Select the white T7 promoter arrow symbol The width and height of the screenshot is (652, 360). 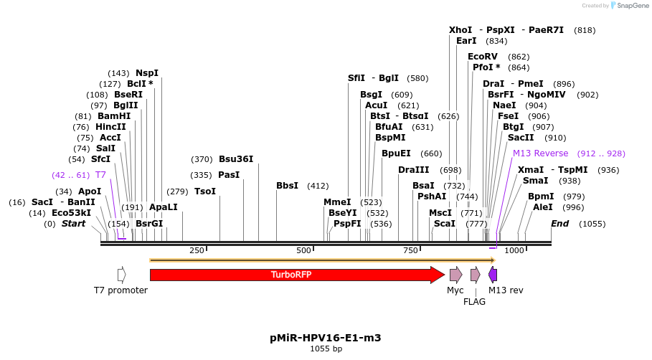point(121,275)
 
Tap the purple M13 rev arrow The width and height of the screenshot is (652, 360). point(493,275)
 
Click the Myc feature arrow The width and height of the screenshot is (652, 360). point(455,275)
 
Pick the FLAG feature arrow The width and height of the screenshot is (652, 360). point(475,275)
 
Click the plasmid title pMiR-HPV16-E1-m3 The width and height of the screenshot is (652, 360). point(326,337)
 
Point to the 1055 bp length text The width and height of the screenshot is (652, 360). point(326,349)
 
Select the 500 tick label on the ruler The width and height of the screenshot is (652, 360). point(303,250)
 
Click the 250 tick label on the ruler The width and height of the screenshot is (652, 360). point(197,250)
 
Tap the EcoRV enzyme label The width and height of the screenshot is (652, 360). point(482,57)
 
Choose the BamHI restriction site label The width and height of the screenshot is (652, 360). point(114,116)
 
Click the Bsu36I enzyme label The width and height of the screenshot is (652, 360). point(236,159)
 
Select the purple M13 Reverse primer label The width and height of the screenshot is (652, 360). point(540,153)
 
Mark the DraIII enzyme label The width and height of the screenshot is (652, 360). point(413,170)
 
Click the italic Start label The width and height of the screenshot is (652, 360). point(73,224)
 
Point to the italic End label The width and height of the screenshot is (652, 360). point(560,224)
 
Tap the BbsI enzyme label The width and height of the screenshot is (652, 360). point(287,186)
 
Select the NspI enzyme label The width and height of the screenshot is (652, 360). point(147,73)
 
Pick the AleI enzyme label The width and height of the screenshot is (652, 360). point(543,207)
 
